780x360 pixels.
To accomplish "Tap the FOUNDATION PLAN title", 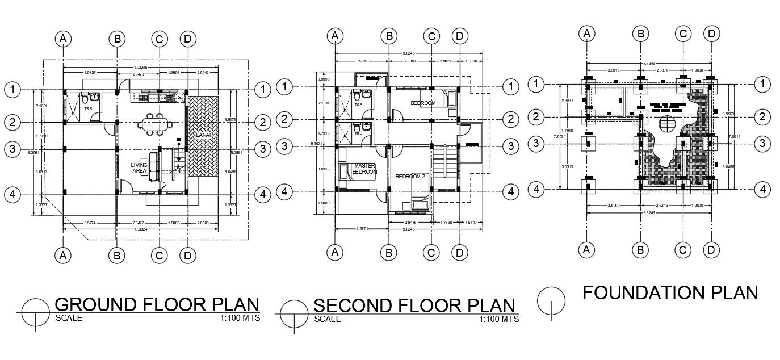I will click(x=670, y=292).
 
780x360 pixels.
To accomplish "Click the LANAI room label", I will click(x=203, y=135).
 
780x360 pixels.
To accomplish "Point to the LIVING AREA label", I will click(x=139, y=168).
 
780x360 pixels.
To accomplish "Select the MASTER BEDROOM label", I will click(x=364, y=169).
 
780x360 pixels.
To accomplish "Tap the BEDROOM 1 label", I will click(x=426, y=103).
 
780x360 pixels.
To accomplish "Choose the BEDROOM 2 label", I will click(x=410, y=177).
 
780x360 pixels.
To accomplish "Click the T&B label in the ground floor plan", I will click(x=89, y=108).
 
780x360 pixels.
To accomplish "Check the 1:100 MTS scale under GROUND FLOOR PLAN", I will click(x=240, y=318).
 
